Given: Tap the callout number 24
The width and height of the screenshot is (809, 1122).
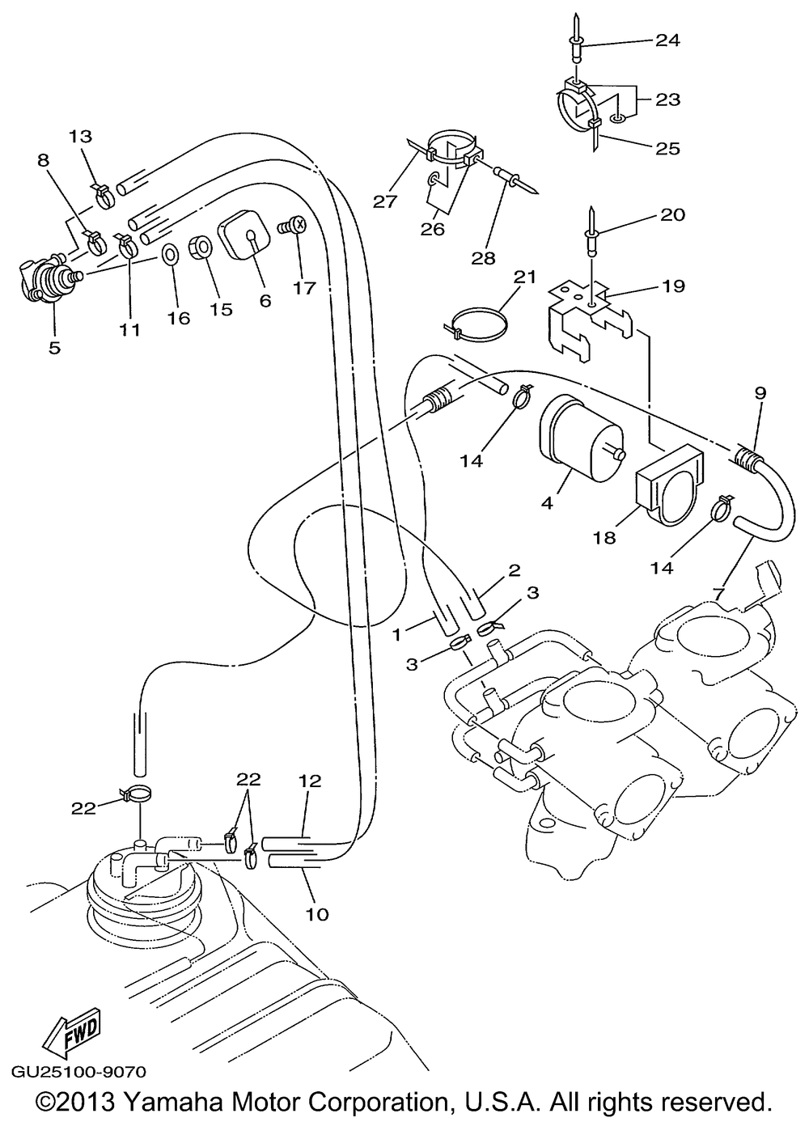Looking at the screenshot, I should [667, 40].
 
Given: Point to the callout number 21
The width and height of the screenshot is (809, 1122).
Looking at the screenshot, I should [524, 277].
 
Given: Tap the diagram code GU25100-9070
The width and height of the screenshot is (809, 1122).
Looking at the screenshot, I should [78, 1072].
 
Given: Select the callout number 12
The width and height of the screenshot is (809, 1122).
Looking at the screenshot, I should [309, 781].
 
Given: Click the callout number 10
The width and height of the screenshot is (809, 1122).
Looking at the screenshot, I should [317, 914].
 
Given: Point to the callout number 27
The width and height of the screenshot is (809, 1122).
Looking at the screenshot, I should [384, 201].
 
